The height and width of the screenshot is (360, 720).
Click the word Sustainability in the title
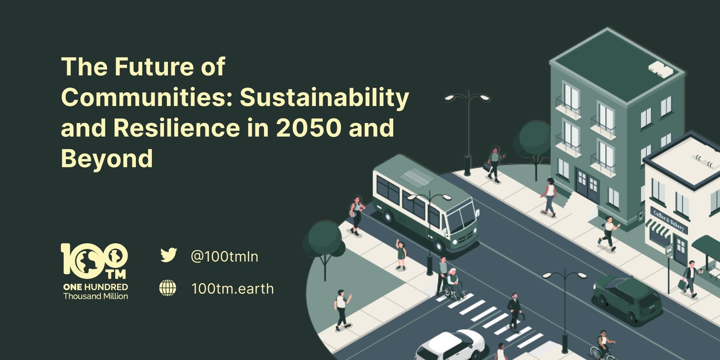coord(324,98)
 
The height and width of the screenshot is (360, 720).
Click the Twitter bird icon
coord(168,255)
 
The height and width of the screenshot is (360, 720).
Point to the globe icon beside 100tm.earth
coord(168,288)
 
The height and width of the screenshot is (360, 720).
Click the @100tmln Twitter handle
coord(224,256)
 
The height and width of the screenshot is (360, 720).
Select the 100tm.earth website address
coord(232,288)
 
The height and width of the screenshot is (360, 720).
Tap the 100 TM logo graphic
coord(95,261)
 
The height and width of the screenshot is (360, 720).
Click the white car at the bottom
coord(450,345)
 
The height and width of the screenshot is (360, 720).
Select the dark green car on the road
coord(627,299)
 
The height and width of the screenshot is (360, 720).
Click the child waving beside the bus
coord(400,254)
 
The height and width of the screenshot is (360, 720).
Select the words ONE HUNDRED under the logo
coord(96,287)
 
